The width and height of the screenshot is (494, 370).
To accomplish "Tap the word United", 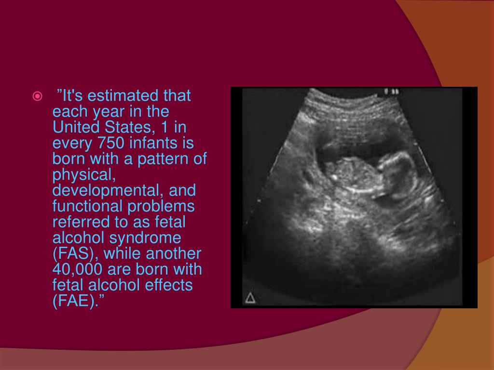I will [75, 128].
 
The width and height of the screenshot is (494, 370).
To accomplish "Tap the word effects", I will [166, 285].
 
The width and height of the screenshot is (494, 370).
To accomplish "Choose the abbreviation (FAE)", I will [77, 301].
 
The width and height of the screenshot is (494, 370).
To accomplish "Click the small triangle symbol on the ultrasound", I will [250, 298].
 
